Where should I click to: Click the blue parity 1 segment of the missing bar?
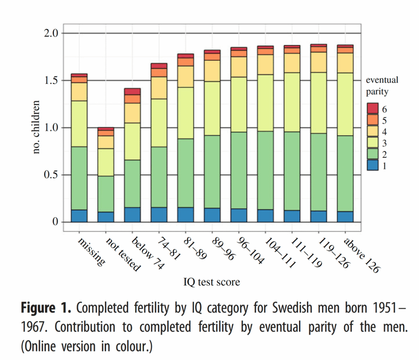pos(79,216)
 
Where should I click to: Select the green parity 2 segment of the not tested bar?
pos(106,194)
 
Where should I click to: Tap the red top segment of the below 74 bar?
pos(132,91)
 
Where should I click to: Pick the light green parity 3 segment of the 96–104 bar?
pos(239,104)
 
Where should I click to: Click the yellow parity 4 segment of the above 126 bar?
pos(345,63)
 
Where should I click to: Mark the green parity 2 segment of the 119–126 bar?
pos(318,172)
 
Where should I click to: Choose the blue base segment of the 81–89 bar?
pos(185,215)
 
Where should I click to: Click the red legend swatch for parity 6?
pos(373,109)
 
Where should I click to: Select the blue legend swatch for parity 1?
pos(373,165)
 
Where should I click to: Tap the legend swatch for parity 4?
pos(373,131)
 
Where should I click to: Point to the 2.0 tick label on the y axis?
pos(51,33)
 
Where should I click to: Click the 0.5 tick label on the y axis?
pos(51,174)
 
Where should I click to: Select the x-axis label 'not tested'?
pos(123,254)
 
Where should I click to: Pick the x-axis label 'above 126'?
pos(362,255)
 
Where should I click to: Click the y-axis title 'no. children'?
pos(36,127)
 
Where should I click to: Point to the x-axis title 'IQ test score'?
pos(212,282)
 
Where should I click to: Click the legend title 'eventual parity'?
pos(382,86)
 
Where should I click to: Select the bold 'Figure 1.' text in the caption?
pos(46,308)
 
